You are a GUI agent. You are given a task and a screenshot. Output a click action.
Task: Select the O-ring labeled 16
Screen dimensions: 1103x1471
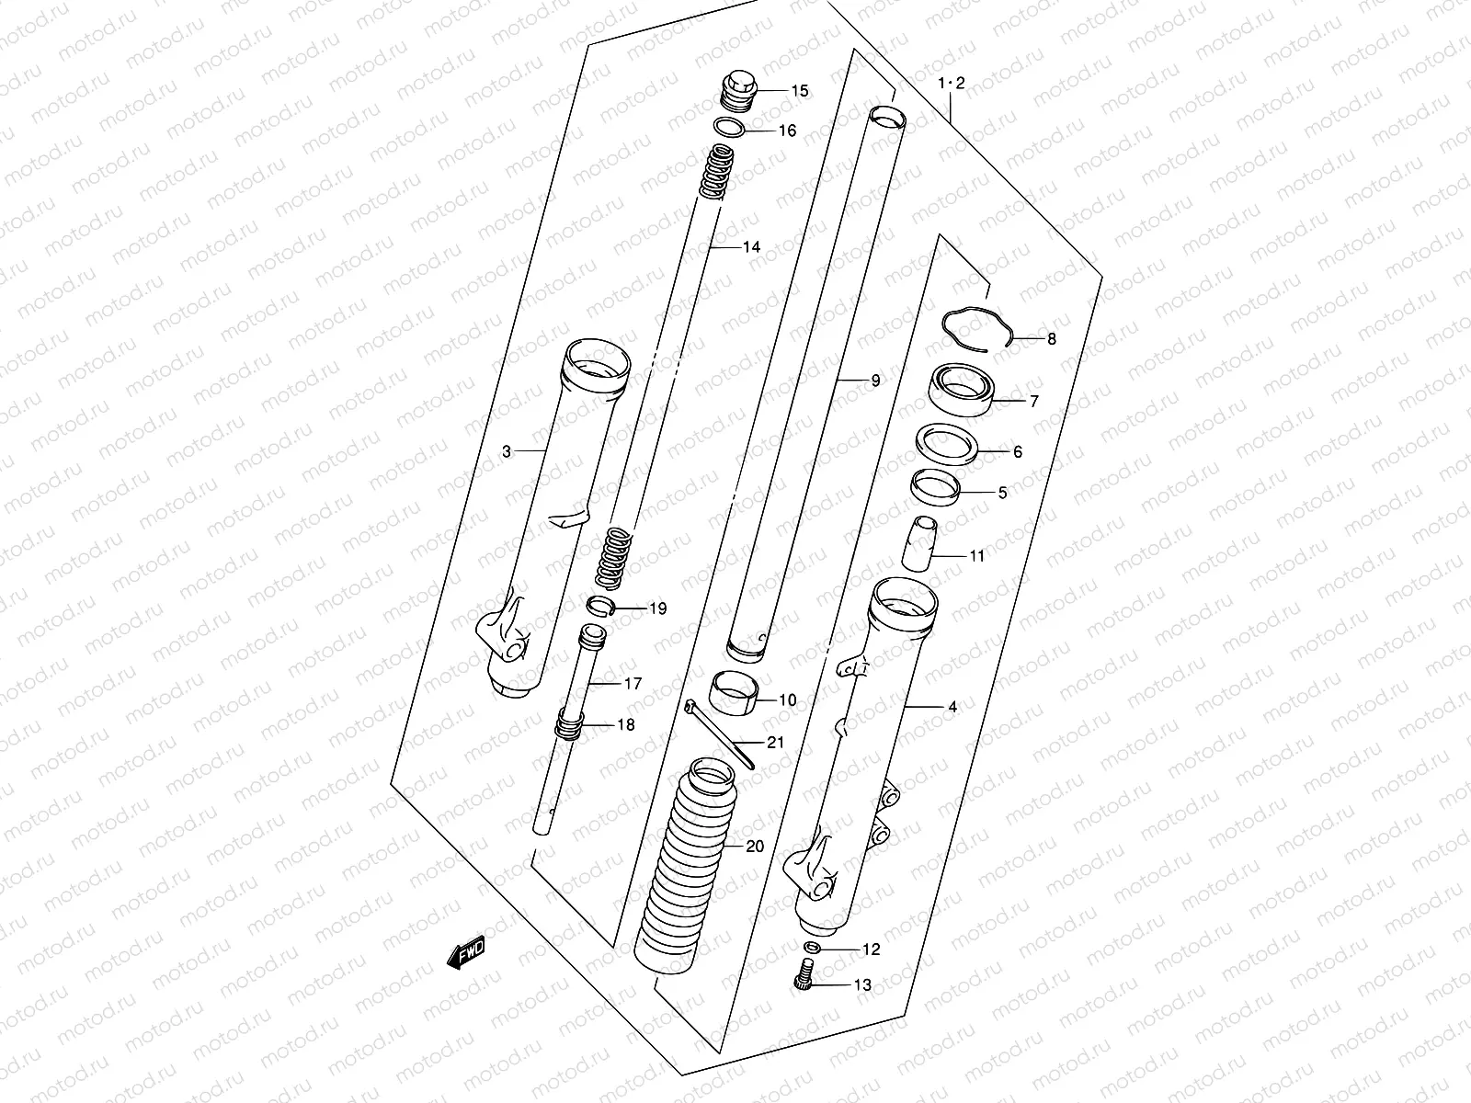click(x=730, y=128)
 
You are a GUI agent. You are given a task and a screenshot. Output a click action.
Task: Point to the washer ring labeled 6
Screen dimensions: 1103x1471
click(x=951, y=443)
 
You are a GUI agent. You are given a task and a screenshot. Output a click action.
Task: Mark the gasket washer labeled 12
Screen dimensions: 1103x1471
click(x=812, y=949)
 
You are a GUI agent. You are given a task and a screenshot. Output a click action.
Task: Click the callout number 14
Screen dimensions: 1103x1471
click(x=752, y=247)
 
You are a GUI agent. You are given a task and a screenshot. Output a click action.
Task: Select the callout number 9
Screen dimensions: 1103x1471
click(x=874, y=380)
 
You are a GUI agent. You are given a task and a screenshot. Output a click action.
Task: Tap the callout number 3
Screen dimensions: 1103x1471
click(x=507, y=451)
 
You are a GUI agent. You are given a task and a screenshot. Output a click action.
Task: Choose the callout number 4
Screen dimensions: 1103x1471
click(x=952, y=707)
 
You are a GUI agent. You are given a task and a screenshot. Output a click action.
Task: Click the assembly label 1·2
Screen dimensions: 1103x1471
click(x=951, y=84)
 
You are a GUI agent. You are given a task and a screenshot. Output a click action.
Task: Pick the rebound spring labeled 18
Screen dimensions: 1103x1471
click(x=569, y=726)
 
